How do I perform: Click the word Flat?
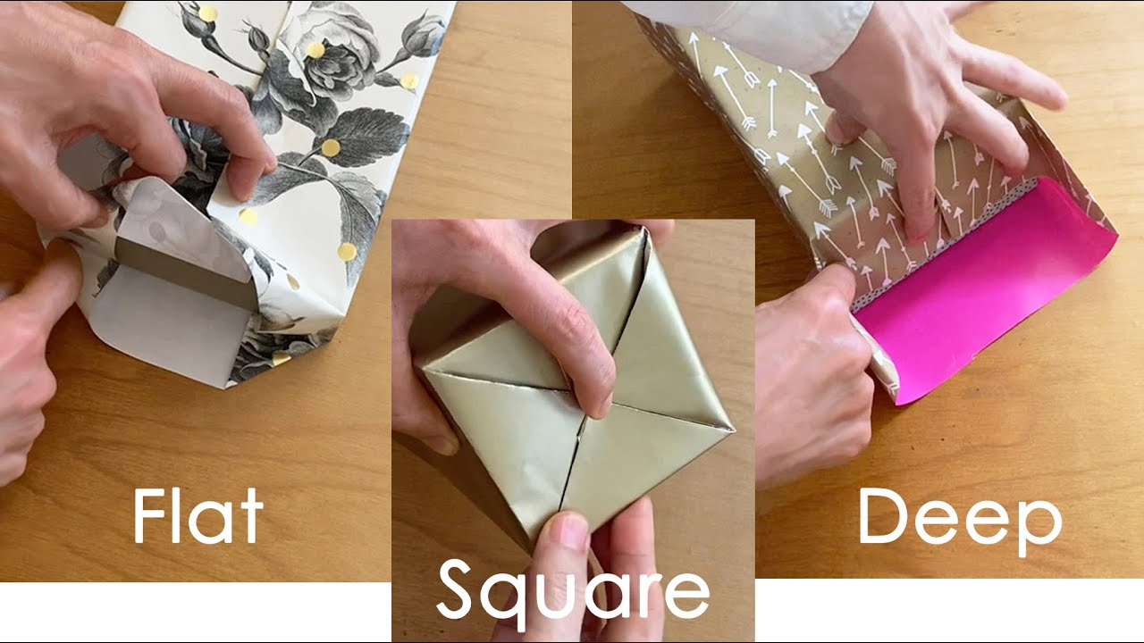[198, 515]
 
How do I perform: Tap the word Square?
[572, 589]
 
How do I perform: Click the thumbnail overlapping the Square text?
[565, 534]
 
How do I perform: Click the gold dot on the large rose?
[315, 48]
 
